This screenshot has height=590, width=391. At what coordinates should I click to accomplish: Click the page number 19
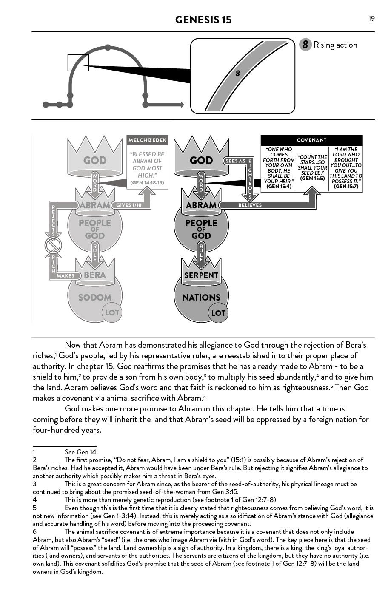[371, 18]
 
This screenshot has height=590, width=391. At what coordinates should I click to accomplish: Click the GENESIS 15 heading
[203, 20]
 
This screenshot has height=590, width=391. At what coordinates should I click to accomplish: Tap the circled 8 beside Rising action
[305, 45]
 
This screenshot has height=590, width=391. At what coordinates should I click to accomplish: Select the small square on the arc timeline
[78, 62]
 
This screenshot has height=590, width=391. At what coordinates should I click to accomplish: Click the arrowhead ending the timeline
[182, 105]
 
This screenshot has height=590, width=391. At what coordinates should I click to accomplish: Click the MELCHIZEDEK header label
[148, 140]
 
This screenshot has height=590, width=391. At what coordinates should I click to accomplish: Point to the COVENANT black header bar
[311, 140]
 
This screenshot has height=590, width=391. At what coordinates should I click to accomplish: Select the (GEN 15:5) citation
[312, 179]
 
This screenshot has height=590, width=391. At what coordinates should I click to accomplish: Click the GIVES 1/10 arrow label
[128, 205]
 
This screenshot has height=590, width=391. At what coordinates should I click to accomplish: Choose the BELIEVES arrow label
[250, 205]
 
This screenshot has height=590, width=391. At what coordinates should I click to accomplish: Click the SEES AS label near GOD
[235, 161]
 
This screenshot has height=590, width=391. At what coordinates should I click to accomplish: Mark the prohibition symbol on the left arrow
[54, 246]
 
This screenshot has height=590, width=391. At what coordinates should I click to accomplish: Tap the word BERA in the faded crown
[95, 275]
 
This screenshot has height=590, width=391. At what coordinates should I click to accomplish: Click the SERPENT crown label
[201, 275]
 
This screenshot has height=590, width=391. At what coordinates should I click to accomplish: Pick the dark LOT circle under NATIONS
[218, 313]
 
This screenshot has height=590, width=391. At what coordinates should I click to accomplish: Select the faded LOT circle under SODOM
[112, 313]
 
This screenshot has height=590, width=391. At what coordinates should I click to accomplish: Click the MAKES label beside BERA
[66, 275]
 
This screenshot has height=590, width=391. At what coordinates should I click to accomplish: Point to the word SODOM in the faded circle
[94, 298]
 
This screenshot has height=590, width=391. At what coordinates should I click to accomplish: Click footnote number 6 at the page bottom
[34, 531]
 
